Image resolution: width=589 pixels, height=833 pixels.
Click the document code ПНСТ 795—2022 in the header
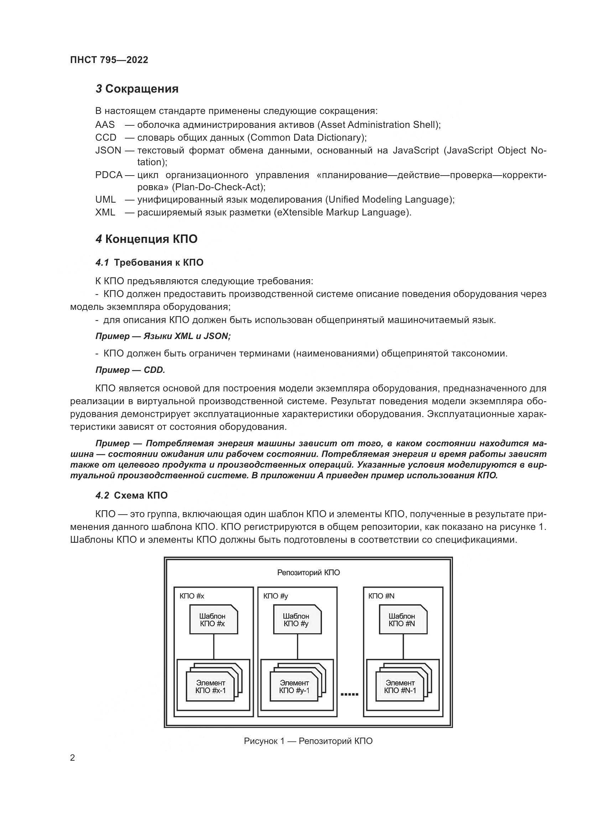click(109, 60)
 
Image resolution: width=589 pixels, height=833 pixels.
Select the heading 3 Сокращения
click(137, 89)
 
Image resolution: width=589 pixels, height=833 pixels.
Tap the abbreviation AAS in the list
click(105, 125)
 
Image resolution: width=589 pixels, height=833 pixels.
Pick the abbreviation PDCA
click(109, 175)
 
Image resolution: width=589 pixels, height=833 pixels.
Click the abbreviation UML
click(105, 199)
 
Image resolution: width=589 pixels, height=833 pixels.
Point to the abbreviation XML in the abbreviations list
click(105, 212)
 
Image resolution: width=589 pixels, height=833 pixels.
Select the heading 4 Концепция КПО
click(146, 239)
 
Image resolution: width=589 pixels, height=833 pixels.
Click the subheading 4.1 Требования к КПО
click(150, 263)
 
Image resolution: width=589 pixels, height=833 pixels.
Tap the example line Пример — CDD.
click(130, 370)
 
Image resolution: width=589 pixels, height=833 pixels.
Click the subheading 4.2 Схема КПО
click(132, 496)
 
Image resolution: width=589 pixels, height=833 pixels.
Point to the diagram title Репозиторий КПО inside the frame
click(308, 573)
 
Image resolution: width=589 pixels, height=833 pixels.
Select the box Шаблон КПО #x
click(213, 620)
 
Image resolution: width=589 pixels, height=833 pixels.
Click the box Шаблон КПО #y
click(297, 620)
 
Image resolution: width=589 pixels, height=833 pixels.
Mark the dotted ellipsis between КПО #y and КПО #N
click(350, 694)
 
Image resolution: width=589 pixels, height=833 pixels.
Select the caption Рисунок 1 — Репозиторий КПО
click(308, 741)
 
